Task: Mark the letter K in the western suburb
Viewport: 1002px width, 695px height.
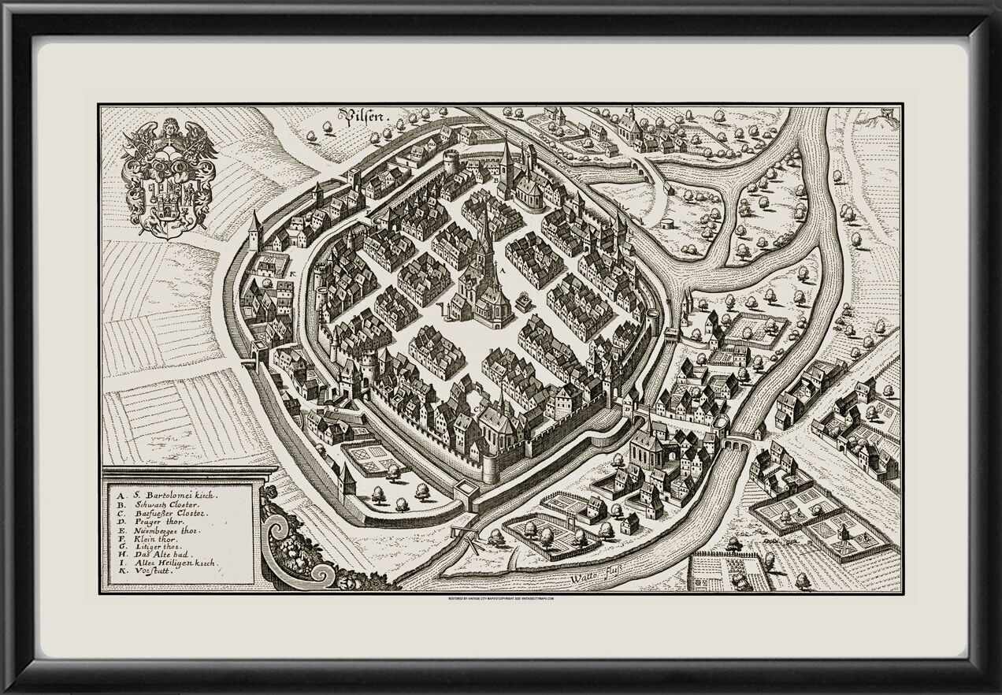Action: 292,273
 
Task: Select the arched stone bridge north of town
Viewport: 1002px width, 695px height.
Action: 645,165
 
